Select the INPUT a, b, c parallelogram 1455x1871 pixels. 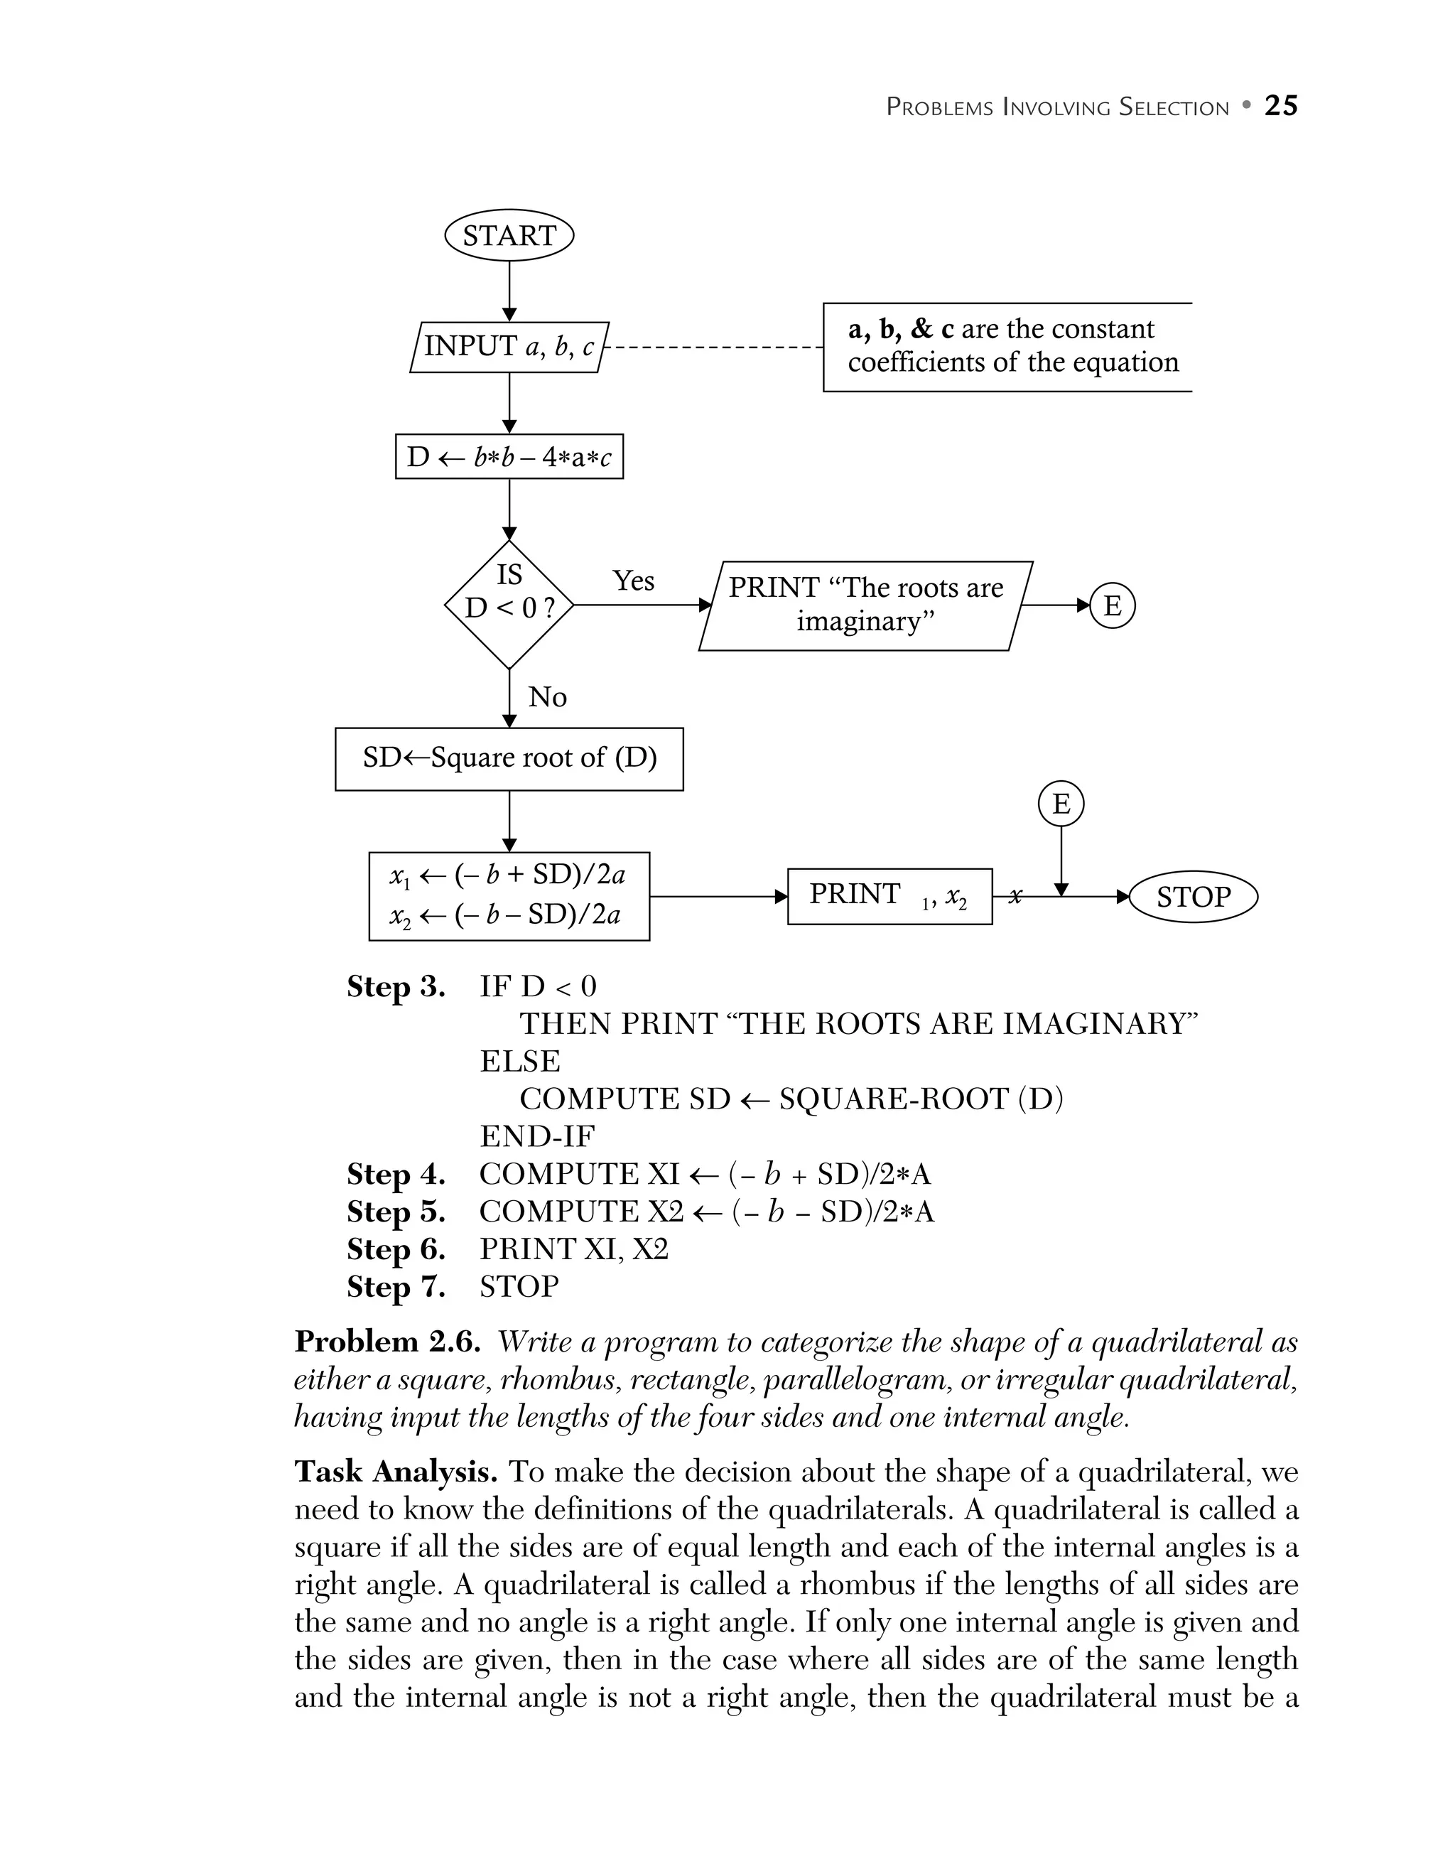tap(509, 347)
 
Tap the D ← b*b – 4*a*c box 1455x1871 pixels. tap(509, 457)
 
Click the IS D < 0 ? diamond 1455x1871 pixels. tap(509, 605)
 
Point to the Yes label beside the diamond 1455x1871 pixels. tap(633, 581)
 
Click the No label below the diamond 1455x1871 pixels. tap(547, 697)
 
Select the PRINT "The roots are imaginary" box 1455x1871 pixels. tap(865, 605)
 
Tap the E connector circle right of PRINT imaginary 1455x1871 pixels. tap(1112, 605)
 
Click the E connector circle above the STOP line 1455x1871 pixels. tap(1060, 804)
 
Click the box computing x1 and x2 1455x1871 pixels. tap(509, 896)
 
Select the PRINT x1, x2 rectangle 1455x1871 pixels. tap(889, 896)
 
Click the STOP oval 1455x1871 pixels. tap(1193, 897)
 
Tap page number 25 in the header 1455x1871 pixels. tap(1280, 106)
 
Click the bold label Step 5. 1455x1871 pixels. tap(396, 1212)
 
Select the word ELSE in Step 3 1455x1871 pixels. tap(520, 1062)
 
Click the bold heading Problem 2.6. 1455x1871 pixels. tap(387, 1342)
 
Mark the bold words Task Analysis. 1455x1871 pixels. tap(396, 1472)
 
